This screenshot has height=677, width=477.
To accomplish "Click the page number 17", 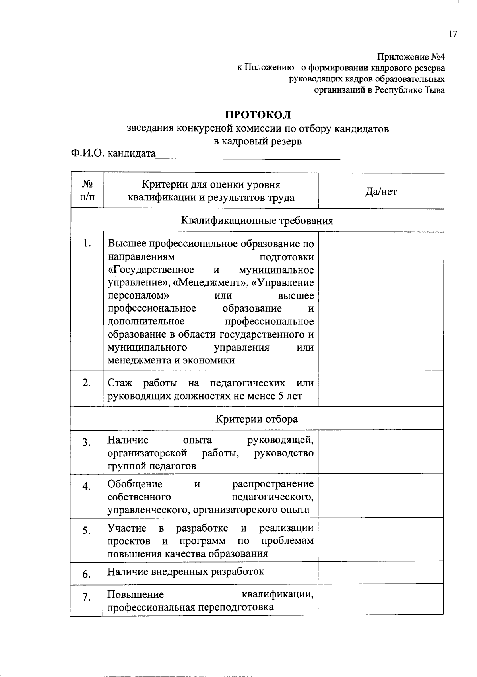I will pyautogui.click(x=453, y=34).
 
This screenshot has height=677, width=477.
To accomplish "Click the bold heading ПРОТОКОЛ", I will pyautogui.click(x=258, y=115).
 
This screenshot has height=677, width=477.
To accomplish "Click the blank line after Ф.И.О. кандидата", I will pyautogui.click(x=248, y=155).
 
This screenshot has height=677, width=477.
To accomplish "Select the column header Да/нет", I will pyautogui.click(x=381, y=192).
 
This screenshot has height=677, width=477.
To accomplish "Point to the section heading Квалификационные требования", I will pyautogui.click(x=257, y=221).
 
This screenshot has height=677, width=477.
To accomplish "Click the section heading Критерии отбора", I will pyautogui.click(x=256, y=419).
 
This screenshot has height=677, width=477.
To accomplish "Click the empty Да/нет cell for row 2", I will pyautogui.click(x=381, y=389).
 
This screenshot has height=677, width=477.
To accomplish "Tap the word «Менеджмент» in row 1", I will pyautogui.click(x=210, y=283).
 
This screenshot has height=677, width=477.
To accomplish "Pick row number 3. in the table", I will pyautogui.click(x=87, y=442).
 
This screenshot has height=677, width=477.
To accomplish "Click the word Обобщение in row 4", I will pyautogui.click(x=135, y=484).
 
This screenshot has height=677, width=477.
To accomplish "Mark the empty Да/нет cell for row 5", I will pyautogui.click(x=381, y=540).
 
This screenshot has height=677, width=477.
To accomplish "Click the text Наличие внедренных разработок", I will pyautogui.click(x=186, y=572).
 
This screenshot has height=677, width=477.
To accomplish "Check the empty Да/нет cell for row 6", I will pyautogui.click(x=381, y=573).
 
